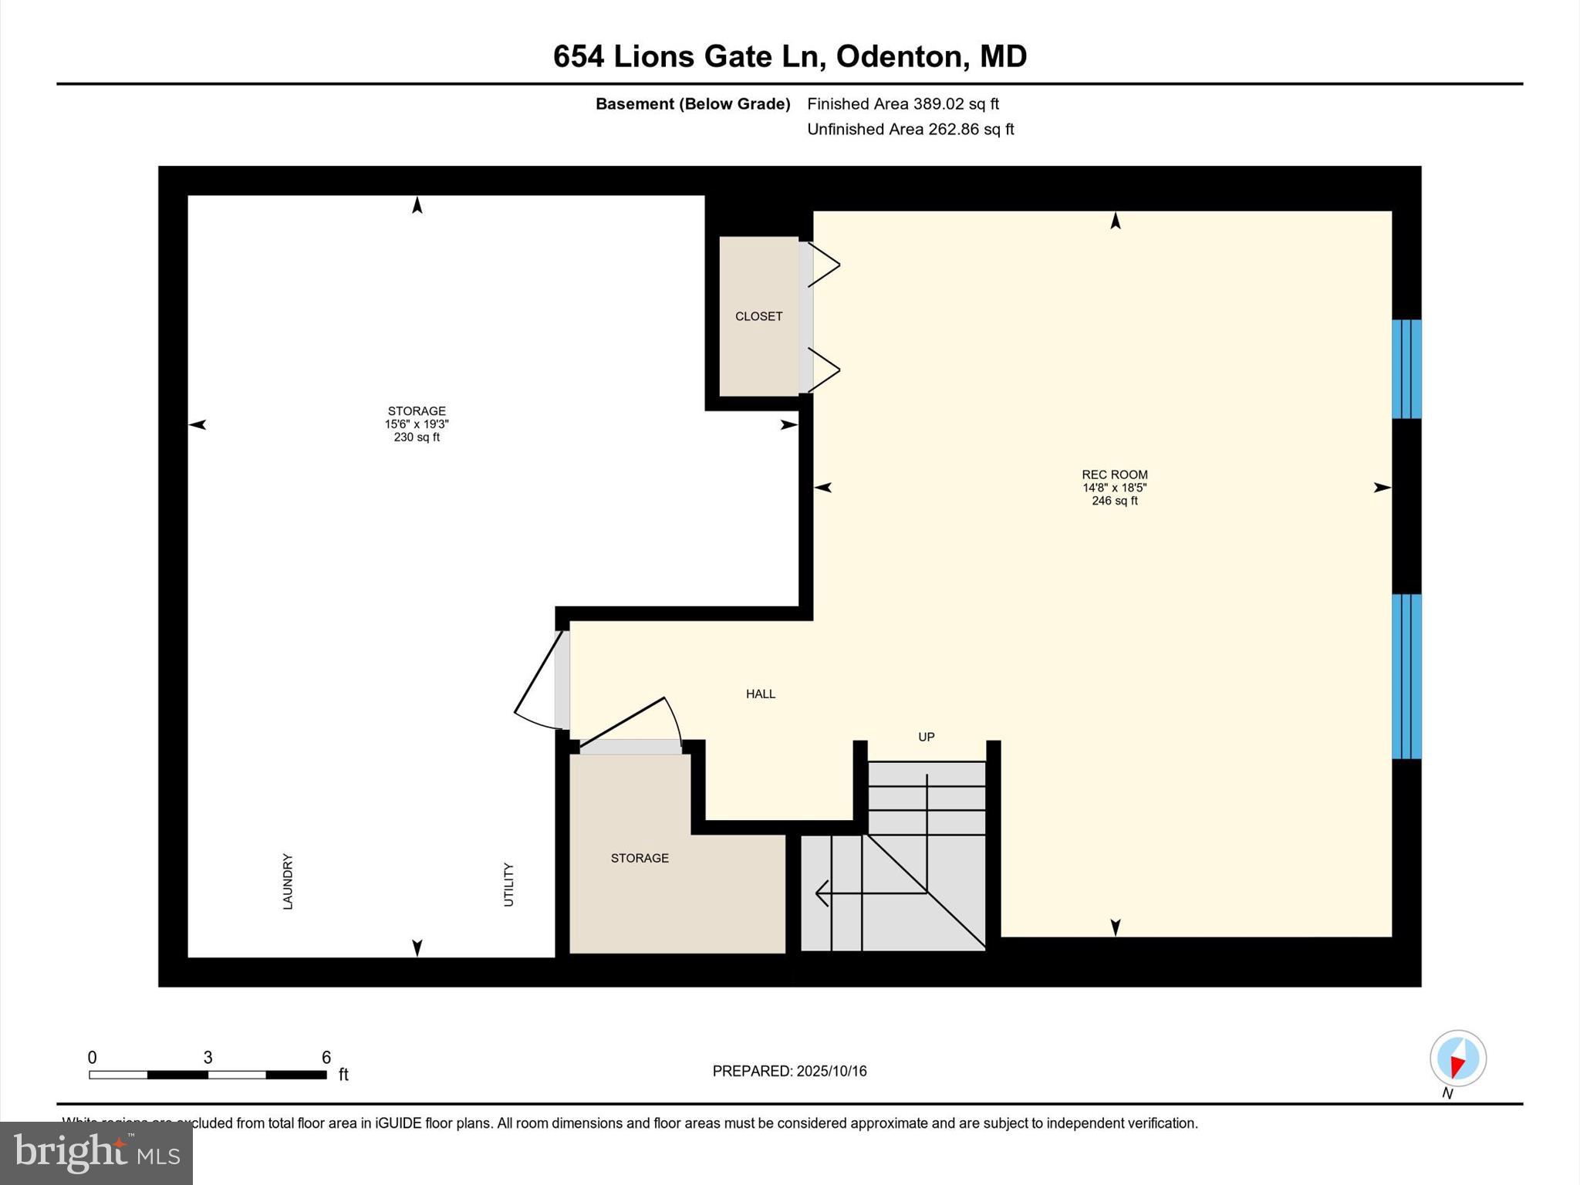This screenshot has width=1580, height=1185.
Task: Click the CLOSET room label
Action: pos(758,316)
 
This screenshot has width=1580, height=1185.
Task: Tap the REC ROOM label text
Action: pos(1114,474)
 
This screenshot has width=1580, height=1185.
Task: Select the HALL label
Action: pos(760,694)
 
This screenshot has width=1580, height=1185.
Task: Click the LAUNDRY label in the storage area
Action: pos(288,881)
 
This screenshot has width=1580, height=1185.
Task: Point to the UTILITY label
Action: pos(508,884)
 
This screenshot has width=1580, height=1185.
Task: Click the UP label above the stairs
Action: pos(926,737)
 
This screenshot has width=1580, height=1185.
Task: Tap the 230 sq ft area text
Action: pos(417,437)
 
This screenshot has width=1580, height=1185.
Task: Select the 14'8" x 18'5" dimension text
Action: pos(1114,488)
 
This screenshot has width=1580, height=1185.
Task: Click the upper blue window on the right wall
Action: pos(1406,369)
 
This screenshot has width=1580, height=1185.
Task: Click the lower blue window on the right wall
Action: pos(1406,676)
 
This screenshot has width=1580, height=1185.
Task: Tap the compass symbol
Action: pos(1457,1058)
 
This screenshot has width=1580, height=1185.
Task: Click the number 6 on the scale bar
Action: pos(326,1057)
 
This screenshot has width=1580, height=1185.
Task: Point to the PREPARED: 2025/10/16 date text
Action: pos(789,1071)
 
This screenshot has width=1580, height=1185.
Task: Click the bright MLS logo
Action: pos(96,1153)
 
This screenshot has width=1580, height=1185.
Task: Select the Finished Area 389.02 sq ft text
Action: pos(903,103)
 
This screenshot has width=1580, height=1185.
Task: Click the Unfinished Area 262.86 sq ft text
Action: pos(910,129)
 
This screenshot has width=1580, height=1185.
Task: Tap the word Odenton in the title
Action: pos(900,56)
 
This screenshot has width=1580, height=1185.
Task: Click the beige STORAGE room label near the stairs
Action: pos(640,858)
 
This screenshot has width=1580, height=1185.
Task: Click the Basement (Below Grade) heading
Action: pos(693,103)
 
